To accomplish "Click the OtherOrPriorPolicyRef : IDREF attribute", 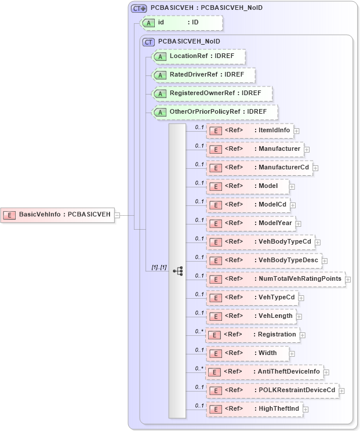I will coord(214,111).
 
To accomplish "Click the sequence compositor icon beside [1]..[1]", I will coord(177,271).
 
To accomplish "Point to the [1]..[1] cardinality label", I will coord(159,267).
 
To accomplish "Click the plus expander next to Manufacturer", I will coord(307,150).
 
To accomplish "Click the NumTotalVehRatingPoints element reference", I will coord(276,278).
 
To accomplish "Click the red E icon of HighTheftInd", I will coord(215,410).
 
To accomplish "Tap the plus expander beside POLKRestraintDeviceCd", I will coord(341,390).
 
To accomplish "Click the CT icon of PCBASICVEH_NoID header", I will coord(149,42).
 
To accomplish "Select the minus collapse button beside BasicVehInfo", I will coord(117,215).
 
